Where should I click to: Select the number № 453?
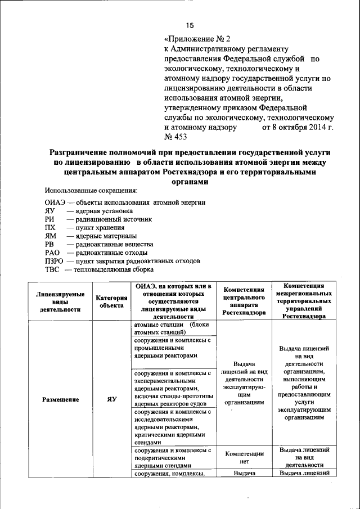(175, 137)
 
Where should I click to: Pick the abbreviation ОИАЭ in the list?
(56, 202)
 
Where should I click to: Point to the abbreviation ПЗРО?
(55, 261)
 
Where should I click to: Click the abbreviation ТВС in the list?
(52, 269)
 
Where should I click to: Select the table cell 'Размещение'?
(60, 399)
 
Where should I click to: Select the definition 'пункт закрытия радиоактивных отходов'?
(138, 261)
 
